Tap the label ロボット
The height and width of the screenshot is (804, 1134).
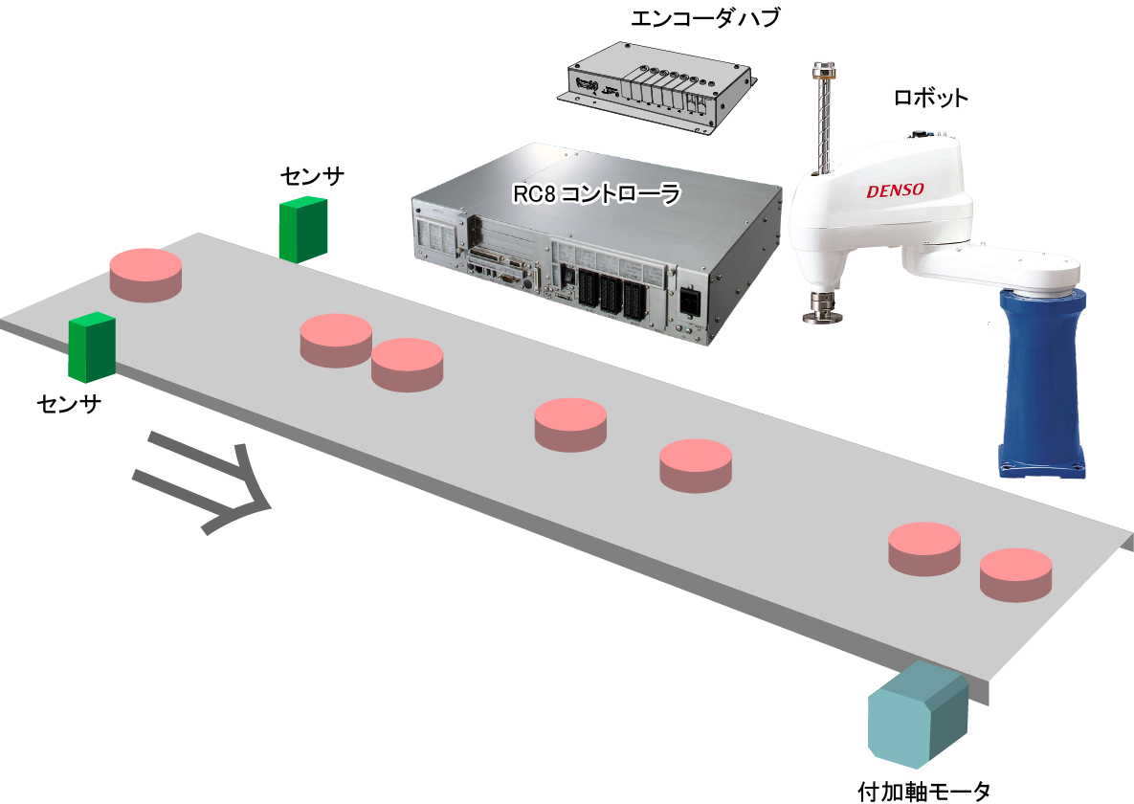coord(930,98)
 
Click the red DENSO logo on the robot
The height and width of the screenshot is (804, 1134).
coord(895,190)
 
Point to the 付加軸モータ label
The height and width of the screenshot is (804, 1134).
coord(923,791)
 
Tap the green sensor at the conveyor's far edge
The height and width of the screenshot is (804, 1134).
coord(302,230)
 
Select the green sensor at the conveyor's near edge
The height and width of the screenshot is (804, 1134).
coord(92,346)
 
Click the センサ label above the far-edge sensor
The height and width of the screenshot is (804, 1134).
coord(312,176)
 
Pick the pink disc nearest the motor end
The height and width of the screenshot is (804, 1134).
coord(1015,573)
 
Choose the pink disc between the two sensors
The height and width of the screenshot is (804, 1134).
coord(145,274)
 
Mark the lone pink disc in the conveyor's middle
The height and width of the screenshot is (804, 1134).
coord(570,423)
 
